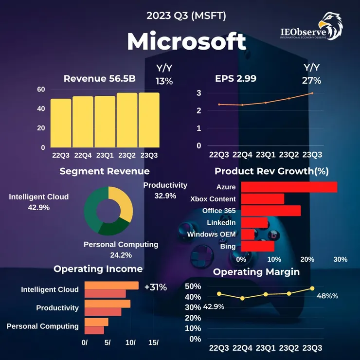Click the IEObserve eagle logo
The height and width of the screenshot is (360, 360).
click(329, 26)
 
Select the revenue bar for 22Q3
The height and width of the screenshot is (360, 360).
click(61, 123)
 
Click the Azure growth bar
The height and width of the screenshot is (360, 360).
click(288, 187)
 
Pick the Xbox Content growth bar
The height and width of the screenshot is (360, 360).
click(262, 199)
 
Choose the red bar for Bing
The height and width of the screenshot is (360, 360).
click(257, 247)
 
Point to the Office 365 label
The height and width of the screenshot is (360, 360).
click(219, 211)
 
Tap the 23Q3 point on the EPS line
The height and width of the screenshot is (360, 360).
click(312, 93)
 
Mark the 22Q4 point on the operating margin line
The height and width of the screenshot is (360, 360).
click(242, 298)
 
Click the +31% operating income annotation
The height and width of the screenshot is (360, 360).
click(156, 287)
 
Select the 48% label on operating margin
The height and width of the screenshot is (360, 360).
click(327, 296)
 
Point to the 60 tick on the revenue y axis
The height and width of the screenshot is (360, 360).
click(41, 90)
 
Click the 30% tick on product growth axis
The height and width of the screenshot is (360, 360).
click(341, 259)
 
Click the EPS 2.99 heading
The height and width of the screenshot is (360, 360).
click(236, 78)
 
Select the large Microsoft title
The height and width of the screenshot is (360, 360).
click(186, 42)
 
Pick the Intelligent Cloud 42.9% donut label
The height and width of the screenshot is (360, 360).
click(39, 202)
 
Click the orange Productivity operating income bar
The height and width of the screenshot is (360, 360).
click(108, 304)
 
